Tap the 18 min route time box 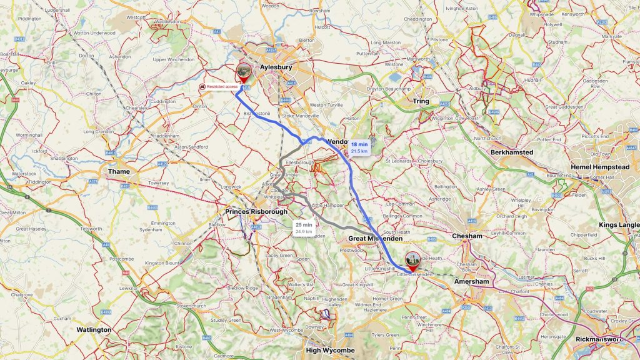point(359,147)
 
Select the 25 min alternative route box point(304,227)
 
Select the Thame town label point(118,171)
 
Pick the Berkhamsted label point(512,152)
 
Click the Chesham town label point(467,236)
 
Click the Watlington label point(94,329)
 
